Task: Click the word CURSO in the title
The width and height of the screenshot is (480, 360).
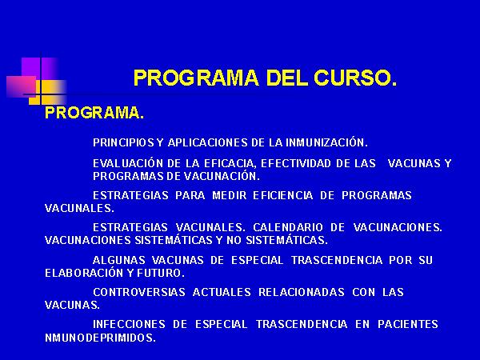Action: tap(355, 78)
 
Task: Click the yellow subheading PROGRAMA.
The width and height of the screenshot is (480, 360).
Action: tap(94, 113)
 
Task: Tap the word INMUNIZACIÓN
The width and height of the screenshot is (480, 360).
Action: tap(326, 142)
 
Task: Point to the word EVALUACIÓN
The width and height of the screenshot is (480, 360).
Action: tap(128, 163)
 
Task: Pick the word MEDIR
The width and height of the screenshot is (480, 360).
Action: tap(230, 196)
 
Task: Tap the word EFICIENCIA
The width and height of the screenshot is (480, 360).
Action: tap(283, 196)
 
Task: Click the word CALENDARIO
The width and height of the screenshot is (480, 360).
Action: tap(288, 227)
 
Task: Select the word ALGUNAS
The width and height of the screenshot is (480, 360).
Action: tap(118, 260)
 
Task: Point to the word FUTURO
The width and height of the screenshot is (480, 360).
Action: tap(161, 273)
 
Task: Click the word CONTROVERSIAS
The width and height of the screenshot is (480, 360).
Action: tap(139, 292)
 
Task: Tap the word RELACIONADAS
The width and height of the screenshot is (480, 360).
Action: tap(302, 292)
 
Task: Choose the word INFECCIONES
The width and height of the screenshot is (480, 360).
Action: tap(129, 324)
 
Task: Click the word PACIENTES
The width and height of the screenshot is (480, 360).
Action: tap(408, 324)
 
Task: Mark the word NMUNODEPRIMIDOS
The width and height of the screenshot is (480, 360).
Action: tap(101, 338)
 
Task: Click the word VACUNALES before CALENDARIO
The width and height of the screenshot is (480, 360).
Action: tap(210, 227)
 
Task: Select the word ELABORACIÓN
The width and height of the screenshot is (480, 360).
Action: tap(85, 273)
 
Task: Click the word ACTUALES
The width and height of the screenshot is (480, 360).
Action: tap(222, 292)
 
